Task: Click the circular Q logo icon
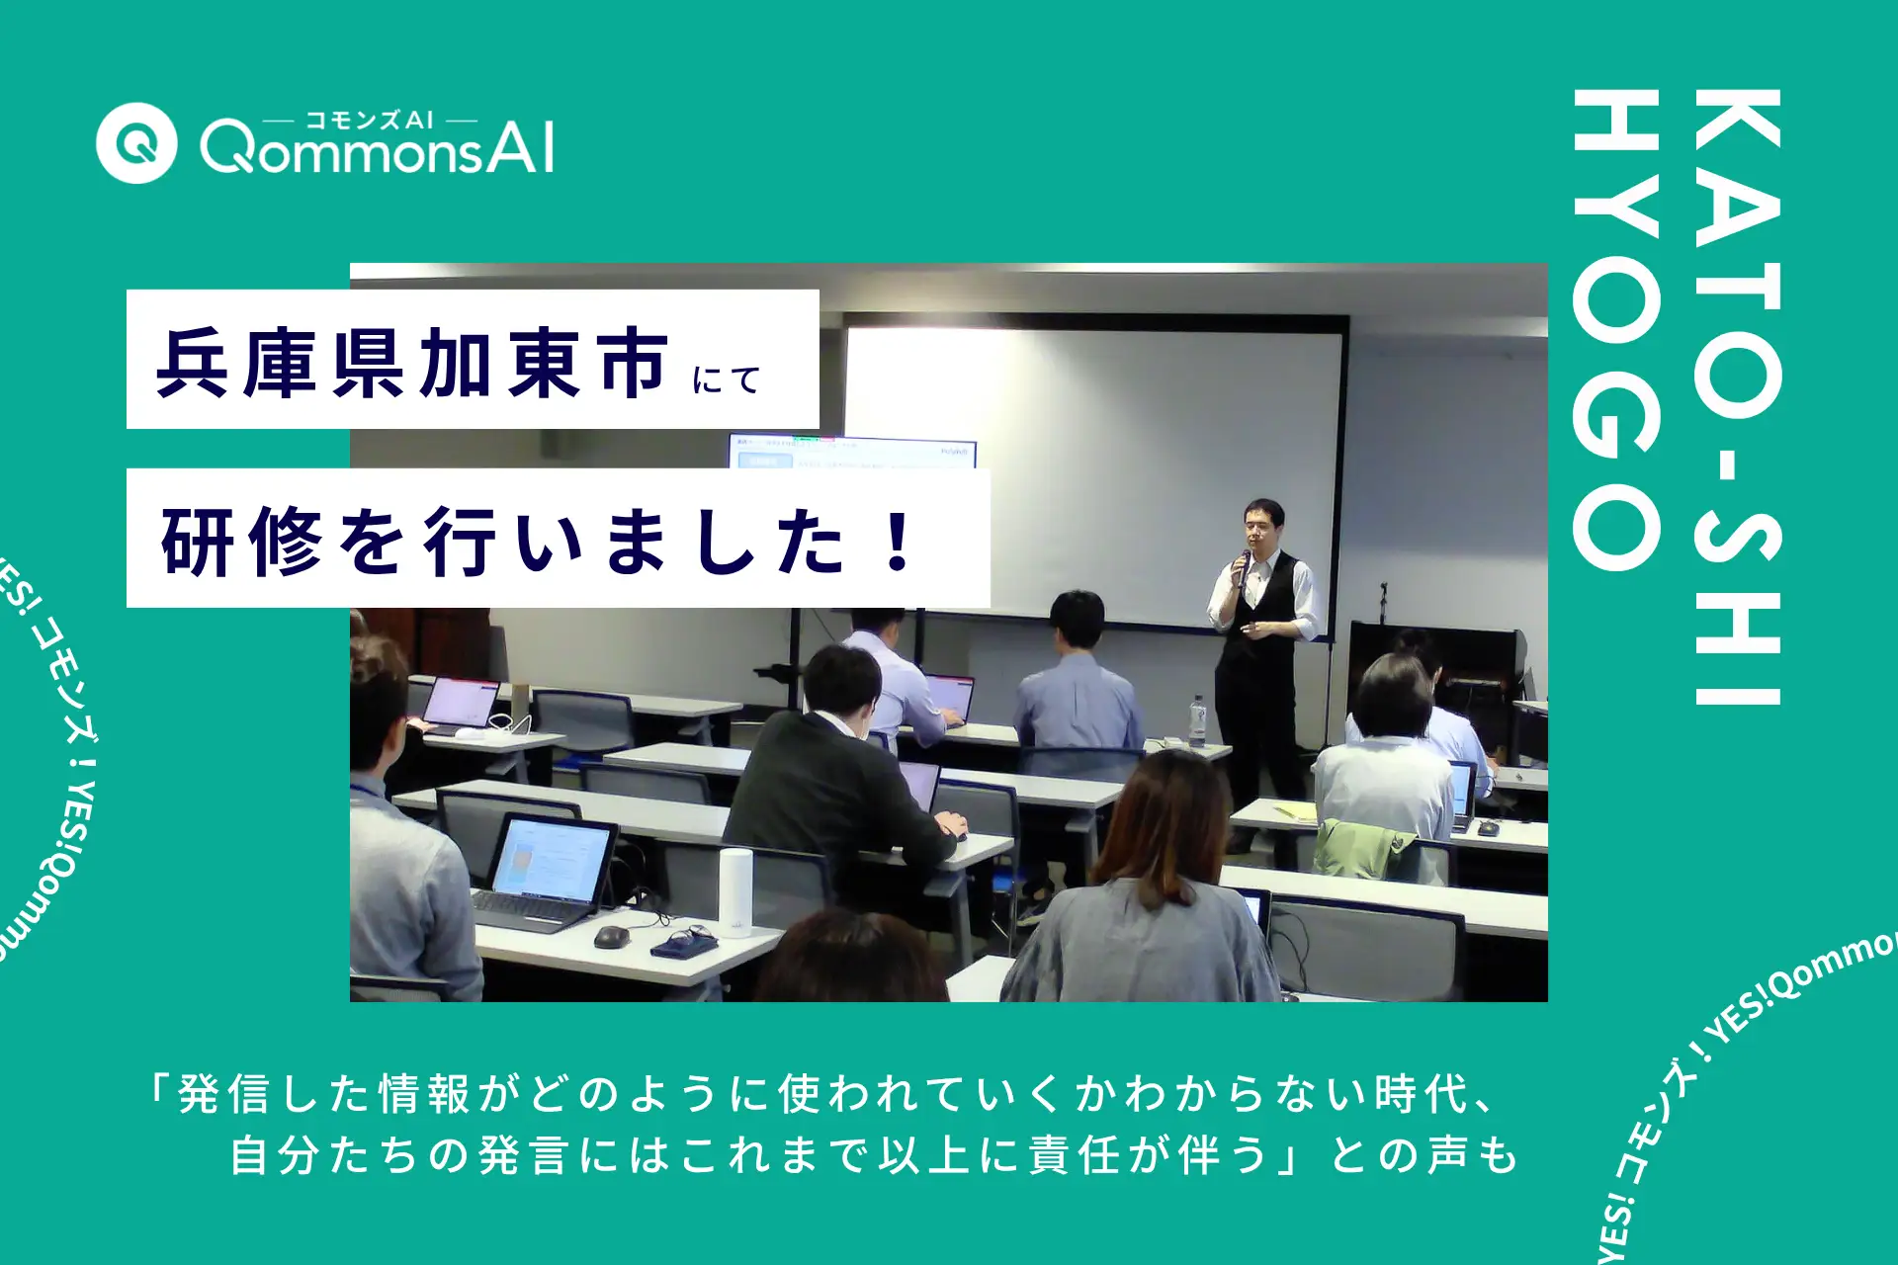136,143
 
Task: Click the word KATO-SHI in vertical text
1737,395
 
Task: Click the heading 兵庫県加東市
412,364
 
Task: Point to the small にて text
727,379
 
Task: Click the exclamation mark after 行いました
899,542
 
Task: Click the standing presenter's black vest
1259,652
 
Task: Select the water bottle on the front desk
1198,718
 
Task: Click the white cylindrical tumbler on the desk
734,892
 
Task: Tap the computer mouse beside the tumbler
611,935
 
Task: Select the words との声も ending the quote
1423,1154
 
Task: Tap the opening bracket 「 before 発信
158,1090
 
